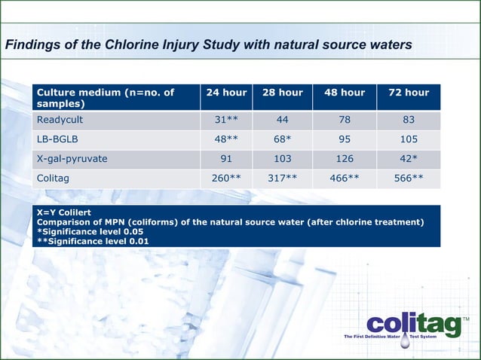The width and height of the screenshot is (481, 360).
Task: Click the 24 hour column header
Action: click(226, 93)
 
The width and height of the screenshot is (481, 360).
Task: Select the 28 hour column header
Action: click(283, 93)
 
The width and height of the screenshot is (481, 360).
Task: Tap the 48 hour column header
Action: click(345, 93)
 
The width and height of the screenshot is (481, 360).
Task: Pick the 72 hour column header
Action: click(409, 93)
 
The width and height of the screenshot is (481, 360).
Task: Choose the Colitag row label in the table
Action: click(54, 178)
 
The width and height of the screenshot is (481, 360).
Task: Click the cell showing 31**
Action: click(227, 120)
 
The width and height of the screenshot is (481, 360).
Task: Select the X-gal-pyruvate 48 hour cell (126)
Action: click(345, 159)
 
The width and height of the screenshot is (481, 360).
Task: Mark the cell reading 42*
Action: click(409, 159)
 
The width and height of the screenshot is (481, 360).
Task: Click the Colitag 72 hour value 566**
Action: click(409, 178)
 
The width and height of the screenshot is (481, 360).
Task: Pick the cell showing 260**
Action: click(227, 178)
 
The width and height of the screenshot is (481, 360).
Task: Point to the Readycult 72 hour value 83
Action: click(409, 120)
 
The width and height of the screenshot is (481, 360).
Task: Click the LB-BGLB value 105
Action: click(409, 139)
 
